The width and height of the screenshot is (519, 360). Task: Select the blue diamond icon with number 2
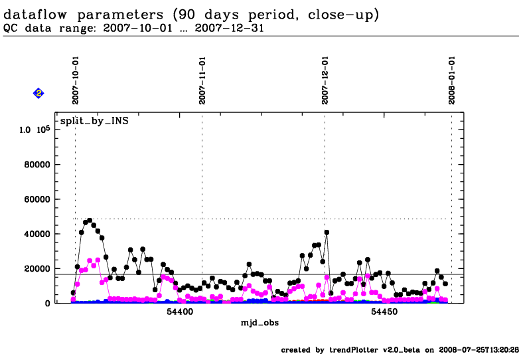tap(38, 94)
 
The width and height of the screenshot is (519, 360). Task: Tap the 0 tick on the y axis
tap(48, 303)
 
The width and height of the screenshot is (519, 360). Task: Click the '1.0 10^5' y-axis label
tap(35, 130)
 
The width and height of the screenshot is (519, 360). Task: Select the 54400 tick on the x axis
tap(179, 312)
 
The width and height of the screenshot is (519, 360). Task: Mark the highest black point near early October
tap(90, 220)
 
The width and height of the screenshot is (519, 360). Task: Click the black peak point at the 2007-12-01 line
tap(327, 232)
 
